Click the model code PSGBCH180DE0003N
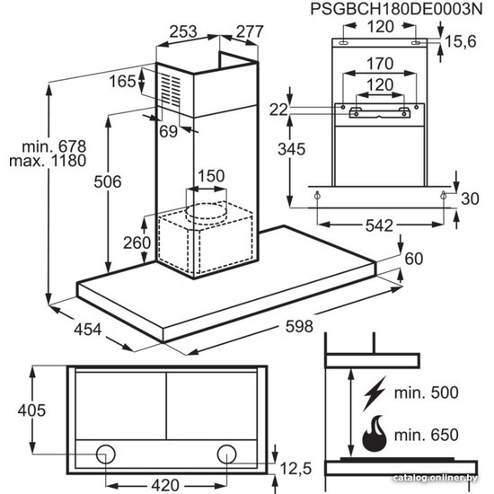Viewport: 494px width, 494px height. pos(396,9)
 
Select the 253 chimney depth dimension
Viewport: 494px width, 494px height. pos(183,31)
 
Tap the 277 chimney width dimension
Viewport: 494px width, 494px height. pos(250,31)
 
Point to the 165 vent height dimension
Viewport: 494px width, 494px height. pos(122,81)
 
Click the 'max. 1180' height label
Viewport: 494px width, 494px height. pos(48,161)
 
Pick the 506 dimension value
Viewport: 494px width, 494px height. pos(108,181)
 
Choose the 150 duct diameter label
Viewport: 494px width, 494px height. pos(211,176)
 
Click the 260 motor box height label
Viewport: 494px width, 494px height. pos(137,243)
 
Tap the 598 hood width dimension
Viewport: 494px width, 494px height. pos(299,326)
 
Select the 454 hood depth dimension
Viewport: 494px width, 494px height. pos(88,330)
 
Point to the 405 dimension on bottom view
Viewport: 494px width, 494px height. pos(31,410)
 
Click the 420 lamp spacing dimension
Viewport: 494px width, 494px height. pos(166,485)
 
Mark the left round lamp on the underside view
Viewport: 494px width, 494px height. pos(106,454)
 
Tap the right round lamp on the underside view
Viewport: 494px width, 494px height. pos(227,454)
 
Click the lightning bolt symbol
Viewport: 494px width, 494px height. pos(375,393)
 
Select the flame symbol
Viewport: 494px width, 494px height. pos(375,434)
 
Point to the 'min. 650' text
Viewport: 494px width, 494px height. pos(427,435)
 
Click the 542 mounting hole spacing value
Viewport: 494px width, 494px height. pos(379,225)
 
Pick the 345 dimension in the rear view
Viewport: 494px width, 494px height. pos(291,149)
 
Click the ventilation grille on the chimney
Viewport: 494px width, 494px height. pos(171,90)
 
